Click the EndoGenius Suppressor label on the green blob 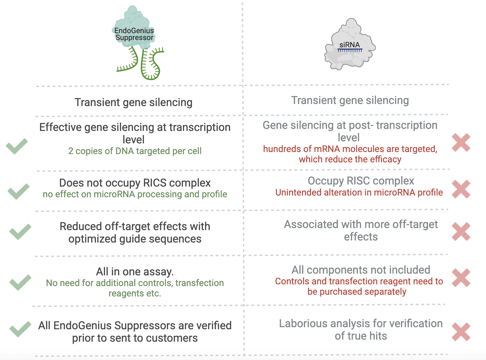pos(134,34)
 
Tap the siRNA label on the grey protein pos(349,45)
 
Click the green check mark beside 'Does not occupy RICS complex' pos(19,191)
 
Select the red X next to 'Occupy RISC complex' pos(461,189)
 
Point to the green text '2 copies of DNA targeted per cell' pos(135,151)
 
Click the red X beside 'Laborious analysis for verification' pos(461,332)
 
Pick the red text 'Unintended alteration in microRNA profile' pos(359,192)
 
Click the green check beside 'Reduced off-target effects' pos(20,232)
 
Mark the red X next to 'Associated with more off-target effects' pos(461,231)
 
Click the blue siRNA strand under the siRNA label pos(350,50)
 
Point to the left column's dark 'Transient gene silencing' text pos(134,102)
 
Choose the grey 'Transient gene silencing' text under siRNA pos(350,100)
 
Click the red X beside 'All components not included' pos(461,278)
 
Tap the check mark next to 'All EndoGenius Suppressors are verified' pos(20,329)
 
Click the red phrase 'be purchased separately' pos(357,292)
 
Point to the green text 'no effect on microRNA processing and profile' pos(135,194)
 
